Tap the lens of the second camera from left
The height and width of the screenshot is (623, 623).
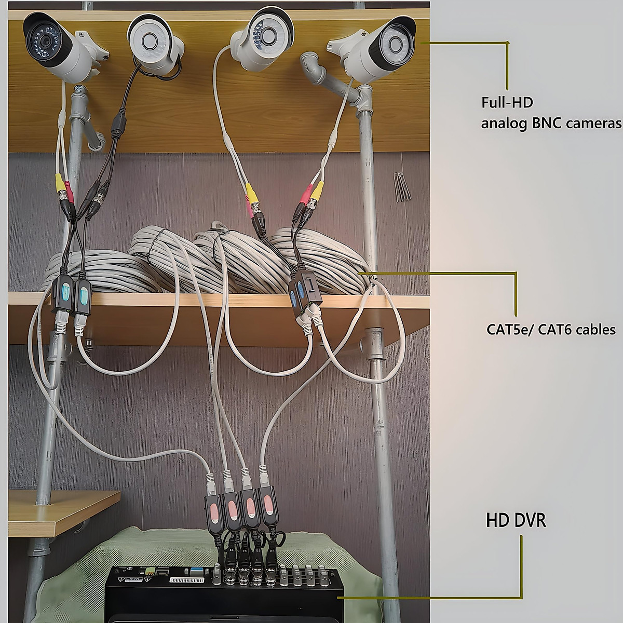[x=150, y=40]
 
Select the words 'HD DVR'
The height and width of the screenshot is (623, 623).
[x=516, y=520]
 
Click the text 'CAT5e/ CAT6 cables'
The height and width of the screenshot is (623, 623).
[x=551, y=330]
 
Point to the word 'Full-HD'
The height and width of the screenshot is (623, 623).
[x=507, y=102]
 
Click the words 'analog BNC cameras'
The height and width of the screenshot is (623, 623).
[x=551, y=123]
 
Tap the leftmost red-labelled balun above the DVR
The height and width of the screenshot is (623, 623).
[x=214, y=513]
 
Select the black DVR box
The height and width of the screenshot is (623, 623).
[x=225, y=595]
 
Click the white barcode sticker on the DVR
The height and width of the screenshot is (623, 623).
[x=187, y=580]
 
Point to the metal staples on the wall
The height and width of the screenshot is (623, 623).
[x=402, y=187]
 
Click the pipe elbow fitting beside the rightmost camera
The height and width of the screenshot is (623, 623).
[x=314, y=70]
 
